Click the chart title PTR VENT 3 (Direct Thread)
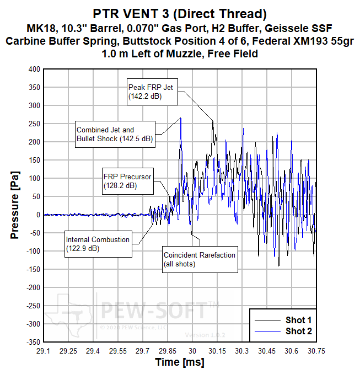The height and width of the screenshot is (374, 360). coord(180,13)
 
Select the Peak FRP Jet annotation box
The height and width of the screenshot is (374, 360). coord(151,92)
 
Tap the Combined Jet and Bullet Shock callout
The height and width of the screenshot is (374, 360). coord(115,134)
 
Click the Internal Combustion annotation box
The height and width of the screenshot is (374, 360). coord(98,244)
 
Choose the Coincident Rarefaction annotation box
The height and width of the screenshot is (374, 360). coord(199,259)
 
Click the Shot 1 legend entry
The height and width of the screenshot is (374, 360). coord(283,320)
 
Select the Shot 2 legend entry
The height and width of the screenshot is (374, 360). coord(283,331)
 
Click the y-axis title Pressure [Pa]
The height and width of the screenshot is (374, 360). coord(15,205)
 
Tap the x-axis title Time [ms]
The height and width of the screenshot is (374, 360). coord(180,362)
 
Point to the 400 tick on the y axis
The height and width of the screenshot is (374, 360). coord(34,69)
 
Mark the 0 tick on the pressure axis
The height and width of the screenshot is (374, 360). coord(38,215)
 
